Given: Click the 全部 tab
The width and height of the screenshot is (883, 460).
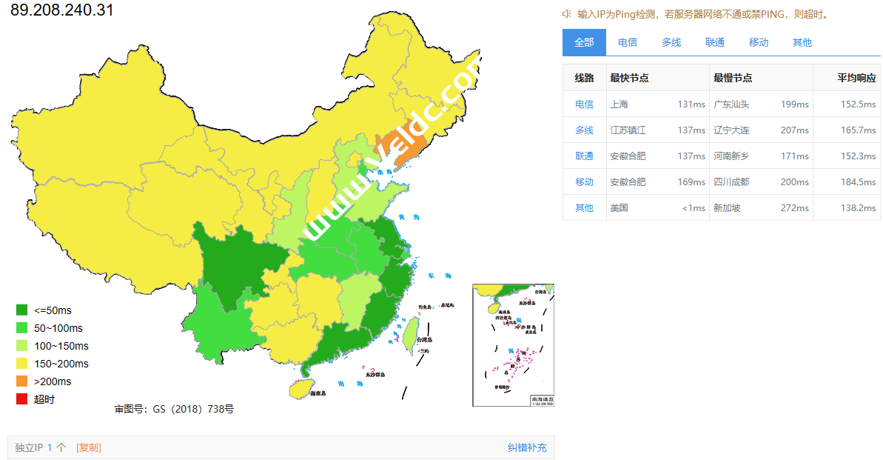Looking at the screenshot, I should (584, 42).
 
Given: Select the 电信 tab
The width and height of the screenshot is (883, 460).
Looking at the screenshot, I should (628, 42).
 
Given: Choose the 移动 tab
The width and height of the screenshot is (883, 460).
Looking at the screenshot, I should (759, 42).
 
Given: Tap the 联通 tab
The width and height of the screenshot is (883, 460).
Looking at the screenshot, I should (715, 42).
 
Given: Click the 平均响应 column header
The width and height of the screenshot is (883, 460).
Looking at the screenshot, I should (856, 78).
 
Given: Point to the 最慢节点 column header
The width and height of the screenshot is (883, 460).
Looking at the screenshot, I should (733, 78).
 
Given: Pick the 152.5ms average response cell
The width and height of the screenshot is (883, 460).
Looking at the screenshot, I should (858, 104).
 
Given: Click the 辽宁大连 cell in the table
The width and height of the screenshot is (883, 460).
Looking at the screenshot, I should (731, 130).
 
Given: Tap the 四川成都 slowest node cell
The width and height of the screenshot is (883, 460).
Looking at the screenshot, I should (731, 182).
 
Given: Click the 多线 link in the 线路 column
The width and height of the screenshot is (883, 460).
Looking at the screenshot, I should (584, 130).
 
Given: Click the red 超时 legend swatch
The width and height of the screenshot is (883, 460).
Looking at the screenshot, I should (21, 399).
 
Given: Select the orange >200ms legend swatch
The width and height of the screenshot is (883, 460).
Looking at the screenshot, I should (21, 381).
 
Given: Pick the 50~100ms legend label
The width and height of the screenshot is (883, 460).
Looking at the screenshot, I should (58, 328).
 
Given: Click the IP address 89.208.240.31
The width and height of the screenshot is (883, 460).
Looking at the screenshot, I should (62, 11).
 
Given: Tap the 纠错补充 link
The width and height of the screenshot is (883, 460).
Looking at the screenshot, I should (527, 447).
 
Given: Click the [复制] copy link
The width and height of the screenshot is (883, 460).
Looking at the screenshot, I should (89, 447).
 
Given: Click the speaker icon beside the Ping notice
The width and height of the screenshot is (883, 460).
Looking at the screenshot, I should (567, 14).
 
